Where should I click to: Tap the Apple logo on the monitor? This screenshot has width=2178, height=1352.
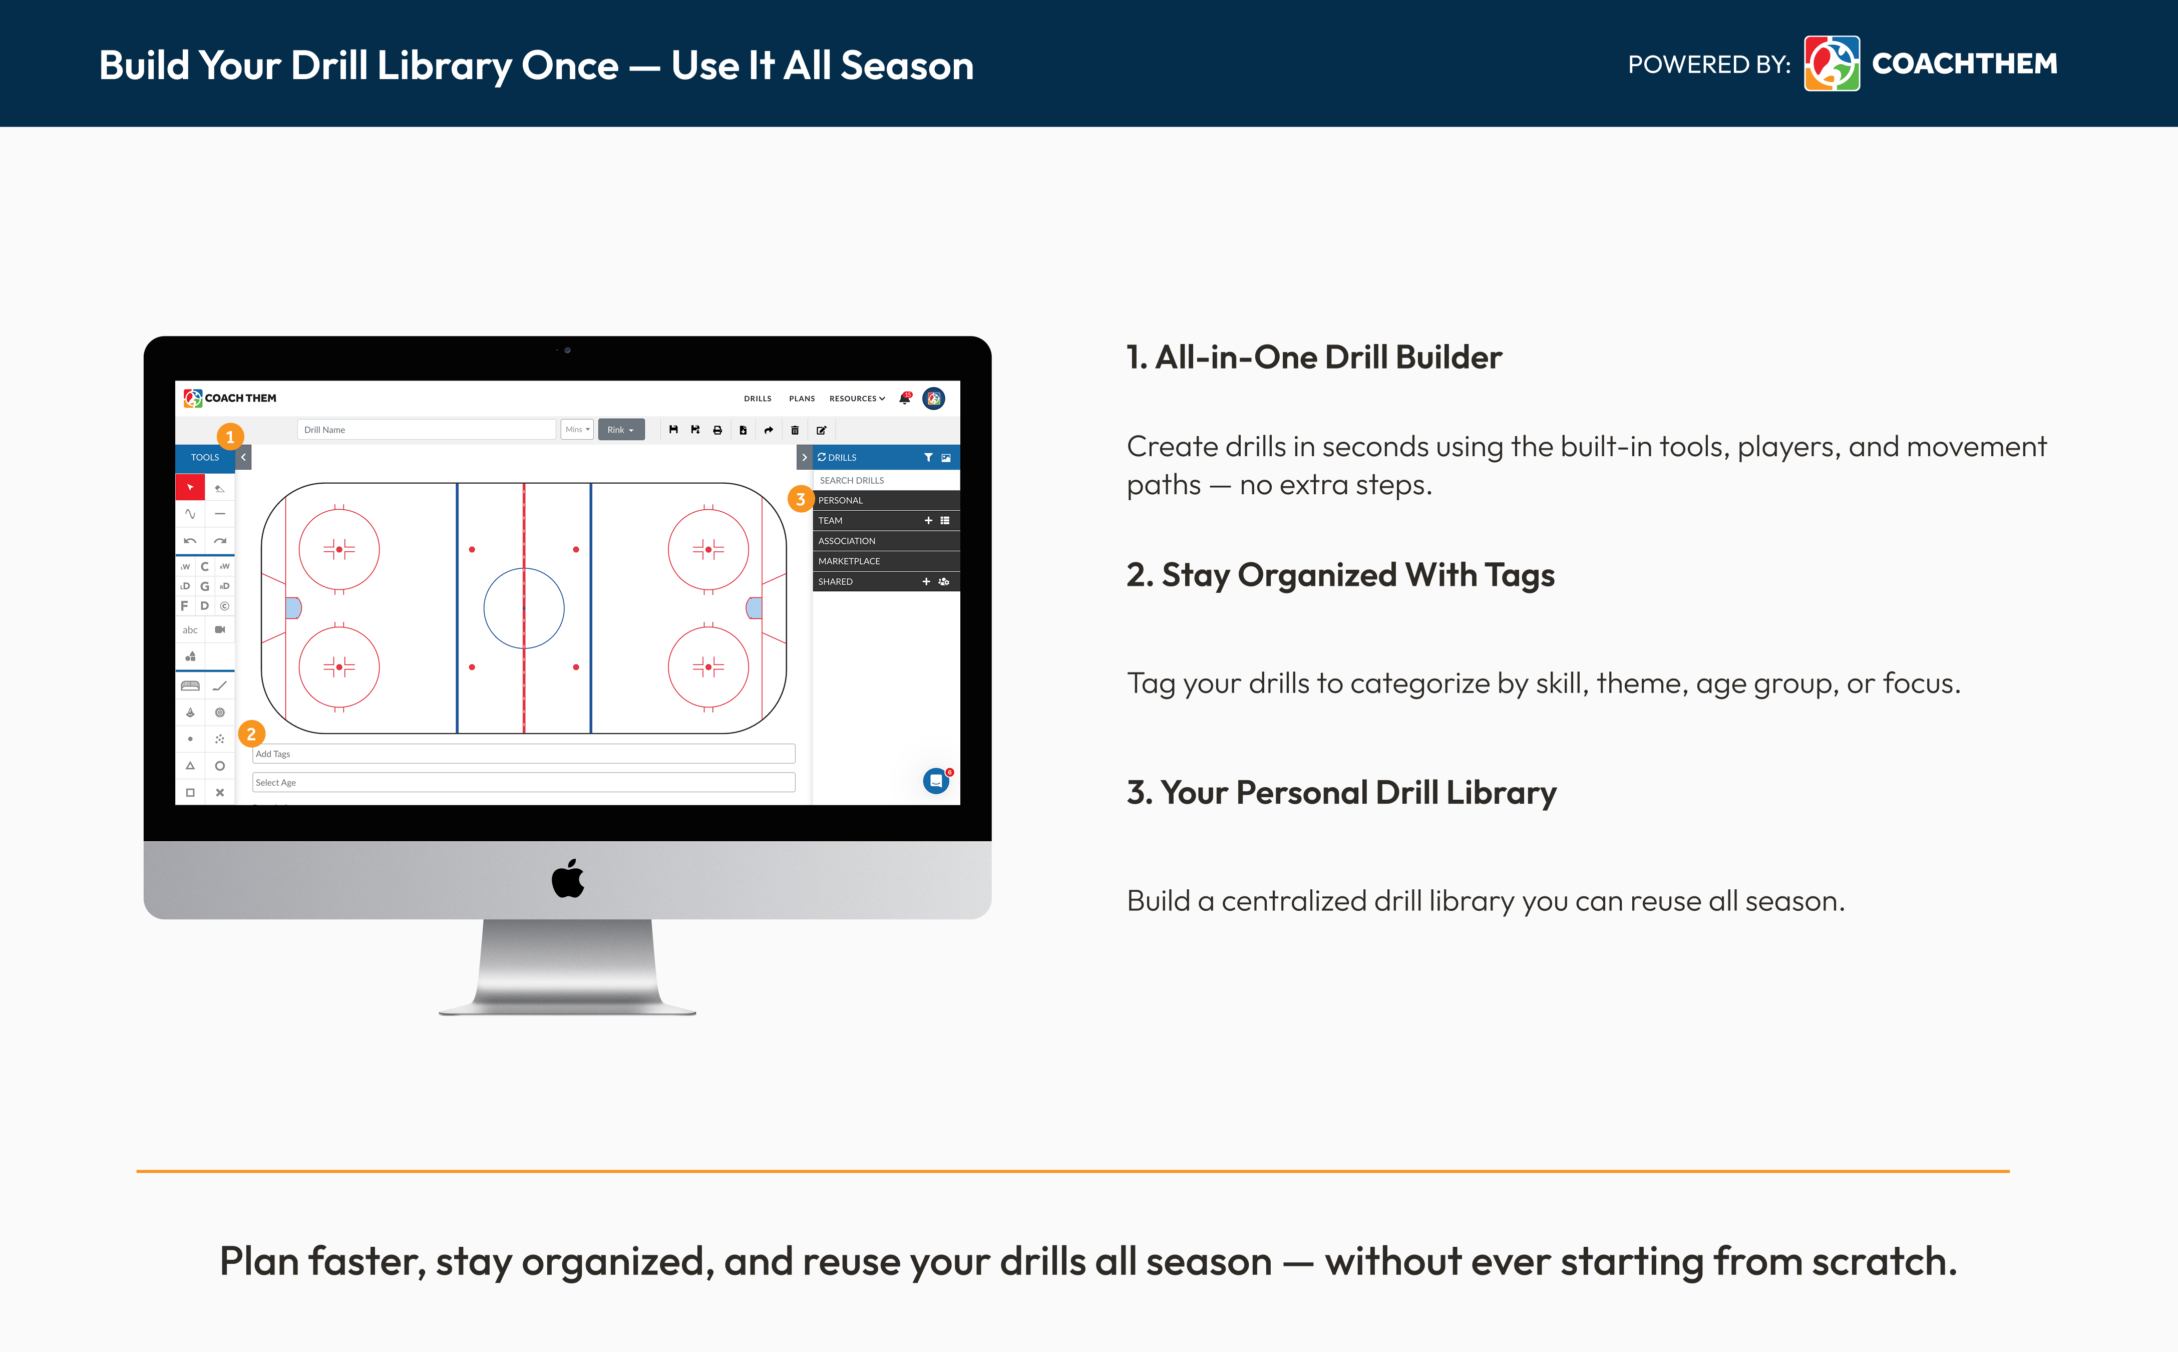pyautogui.click(x=568, y=878)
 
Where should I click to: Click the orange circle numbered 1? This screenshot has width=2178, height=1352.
pyautogui.click(x=230, y=436)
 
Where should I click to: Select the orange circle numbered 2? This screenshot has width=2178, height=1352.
pyautogui.click(x=251, y=734)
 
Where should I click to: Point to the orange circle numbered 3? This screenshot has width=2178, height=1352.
pyautogui.click(x=800, y=499)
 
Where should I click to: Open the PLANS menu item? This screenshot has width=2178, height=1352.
pyautogui.click(x=802, y=399)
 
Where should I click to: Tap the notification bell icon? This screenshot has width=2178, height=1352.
pyautogui.click(x=905, y=398)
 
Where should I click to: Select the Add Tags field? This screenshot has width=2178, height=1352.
pyautogui.click(x=523, y=754)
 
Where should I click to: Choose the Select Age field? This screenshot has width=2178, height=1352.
pyautogui.click(x=523, y=782)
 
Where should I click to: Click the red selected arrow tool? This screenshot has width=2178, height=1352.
pyautogui.click(x=190, y=487)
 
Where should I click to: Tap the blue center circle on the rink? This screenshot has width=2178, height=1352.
pyautogui.click(x=524, y=569)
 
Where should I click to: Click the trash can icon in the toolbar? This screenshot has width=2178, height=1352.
pyautogui.click(x=795, y=430)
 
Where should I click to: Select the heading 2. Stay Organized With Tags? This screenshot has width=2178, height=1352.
pyautogui.click(x=1340, y=575)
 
